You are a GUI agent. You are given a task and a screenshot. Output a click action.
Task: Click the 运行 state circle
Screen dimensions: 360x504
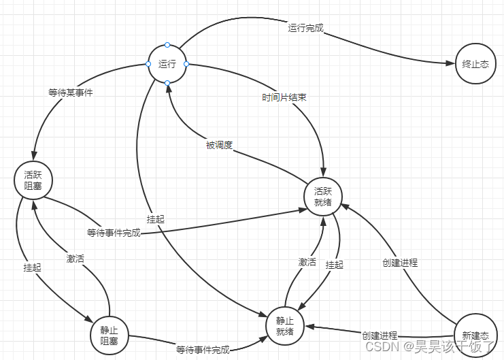(x=167, y=64)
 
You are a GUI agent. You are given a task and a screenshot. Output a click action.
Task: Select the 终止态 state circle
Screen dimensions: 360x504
(x=475, y=64)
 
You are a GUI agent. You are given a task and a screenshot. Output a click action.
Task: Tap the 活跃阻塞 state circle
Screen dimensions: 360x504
(x=33, y=180)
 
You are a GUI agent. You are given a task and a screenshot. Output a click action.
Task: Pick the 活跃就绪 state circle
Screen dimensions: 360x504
(x=323, y=196)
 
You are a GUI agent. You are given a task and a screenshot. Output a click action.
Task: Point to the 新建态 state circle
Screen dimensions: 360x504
(x=475, y=335)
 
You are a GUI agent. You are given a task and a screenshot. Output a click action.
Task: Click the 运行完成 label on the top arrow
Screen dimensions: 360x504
(x=305, y=29)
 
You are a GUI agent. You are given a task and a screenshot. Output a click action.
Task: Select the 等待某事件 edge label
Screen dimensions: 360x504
(x=71, y=93)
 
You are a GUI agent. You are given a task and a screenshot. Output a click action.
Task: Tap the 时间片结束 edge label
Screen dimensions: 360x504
(x=284, y=97)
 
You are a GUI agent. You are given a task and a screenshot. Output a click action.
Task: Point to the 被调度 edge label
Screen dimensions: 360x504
(x=219, y=145)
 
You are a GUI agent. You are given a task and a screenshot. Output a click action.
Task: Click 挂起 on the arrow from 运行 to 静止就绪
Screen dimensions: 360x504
(x=155, y=219)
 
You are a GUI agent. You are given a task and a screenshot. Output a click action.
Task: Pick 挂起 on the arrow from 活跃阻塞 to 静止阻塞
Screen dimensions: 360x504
(x=32, y=267)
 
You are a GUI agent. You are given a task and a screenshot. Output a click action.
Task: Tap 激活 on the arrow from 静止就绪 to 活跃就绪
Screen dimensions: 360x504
(x=307, y=261)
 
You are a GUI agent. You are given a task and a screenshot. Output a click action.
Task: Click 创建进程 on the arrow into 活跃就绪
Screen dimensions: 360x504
(x=399, y=262)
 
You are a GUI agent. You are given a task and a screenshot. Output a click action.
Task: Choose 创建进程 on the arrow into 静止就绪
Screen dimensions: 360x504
(x=380, y=335)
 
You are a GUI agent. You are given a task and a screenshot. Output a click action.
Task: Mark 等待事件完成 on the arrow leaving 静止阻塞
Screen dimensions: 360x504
(x=203, y=350)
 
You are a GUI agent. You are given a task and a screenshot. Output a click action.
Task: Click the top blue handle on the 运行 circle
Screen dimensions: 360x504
(x=167, y=45)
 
